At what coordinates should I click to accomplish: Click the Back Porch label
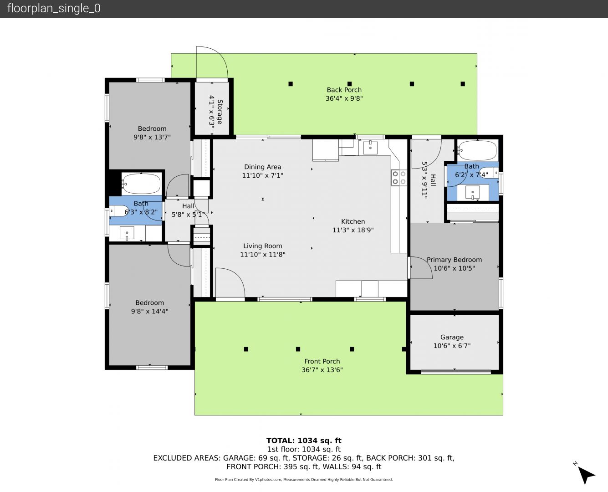click(344, 90)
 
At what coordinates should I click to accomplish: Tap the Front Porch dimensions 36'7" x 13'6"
click(322, 370)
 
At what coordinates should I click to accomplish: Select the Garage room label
click(452, 337)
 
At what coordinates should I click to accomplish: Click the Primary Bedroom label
click(454, 260)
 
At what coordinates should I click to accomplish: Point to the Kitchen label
click(353, 221)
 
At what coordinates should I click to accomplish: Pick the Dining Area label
click(263, 167)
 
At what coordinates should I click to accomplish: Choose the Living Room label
click(263, 246)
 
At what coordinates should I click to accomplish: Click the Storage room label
click(220, 112)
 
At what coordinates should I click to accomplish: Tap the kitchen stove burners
click(399, 178)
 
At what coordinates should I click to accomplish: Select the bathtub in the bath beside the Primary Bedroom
click(477, 150)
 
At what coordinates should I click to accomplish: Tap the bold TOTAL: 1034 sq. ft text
click(304, 441)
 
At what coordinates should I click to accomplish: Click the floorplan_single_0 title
click(54, 8)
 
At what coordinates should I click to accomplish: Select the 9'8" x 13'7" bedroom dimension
click(152, 137)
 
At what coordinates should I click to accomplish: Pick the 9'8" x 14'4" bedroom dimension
click(149, 311)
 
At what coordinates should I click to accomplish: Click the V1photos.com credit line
click(304, 479)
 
